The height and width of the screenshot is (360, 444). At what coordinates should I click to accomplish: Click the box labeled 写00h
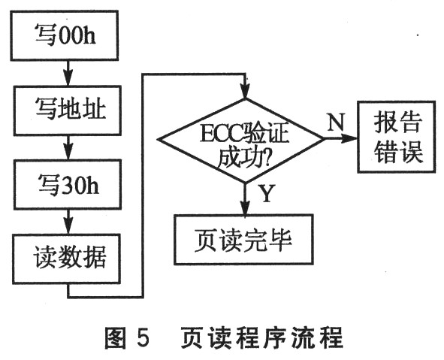tap(65, 35)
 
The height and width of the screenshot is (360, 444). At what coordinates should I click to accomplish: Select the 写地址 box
tap(68, 110)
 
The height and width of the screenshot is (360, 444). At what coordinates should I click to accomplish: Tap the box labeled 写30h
tap(68, 185)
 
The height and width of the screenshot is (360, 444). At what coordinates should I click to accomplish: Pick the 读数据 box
tap(67, 259)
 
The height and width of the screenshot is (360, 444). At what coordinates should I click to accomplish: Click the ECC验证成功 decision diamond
tap(240, 141)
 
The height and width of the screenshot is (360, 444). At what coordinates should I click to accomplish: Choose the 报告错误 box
tap(397, 137)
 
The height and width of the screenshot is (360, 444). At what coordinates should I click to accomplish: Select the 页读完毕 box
tap(243, 240)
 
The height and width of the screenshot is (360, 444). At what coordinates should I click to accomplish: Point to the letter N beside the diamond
tap(336, 122)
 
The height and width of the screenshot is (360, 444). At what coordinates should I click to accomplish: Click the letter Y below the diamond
tap(267, 193)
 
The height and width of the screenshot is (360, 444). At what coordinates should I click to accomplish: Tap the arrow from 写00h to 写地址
tap(68, 73)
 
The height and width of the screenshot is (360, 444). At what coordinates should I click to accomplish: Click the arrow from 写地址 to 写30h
tap(68, 147)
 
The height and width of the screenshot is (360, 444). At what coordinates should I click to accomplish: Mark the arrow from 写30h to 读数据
tap(68, 222)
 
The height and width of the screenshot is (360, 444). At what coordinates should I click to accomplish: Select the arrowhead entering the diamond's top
tap(245, 91)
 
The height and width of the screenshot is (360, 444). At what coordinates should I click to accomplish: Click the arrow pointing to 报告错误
tap(340, 139)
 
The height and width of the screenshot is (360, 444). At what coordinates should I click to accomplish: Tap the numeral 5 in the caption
tap(143, 337)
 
